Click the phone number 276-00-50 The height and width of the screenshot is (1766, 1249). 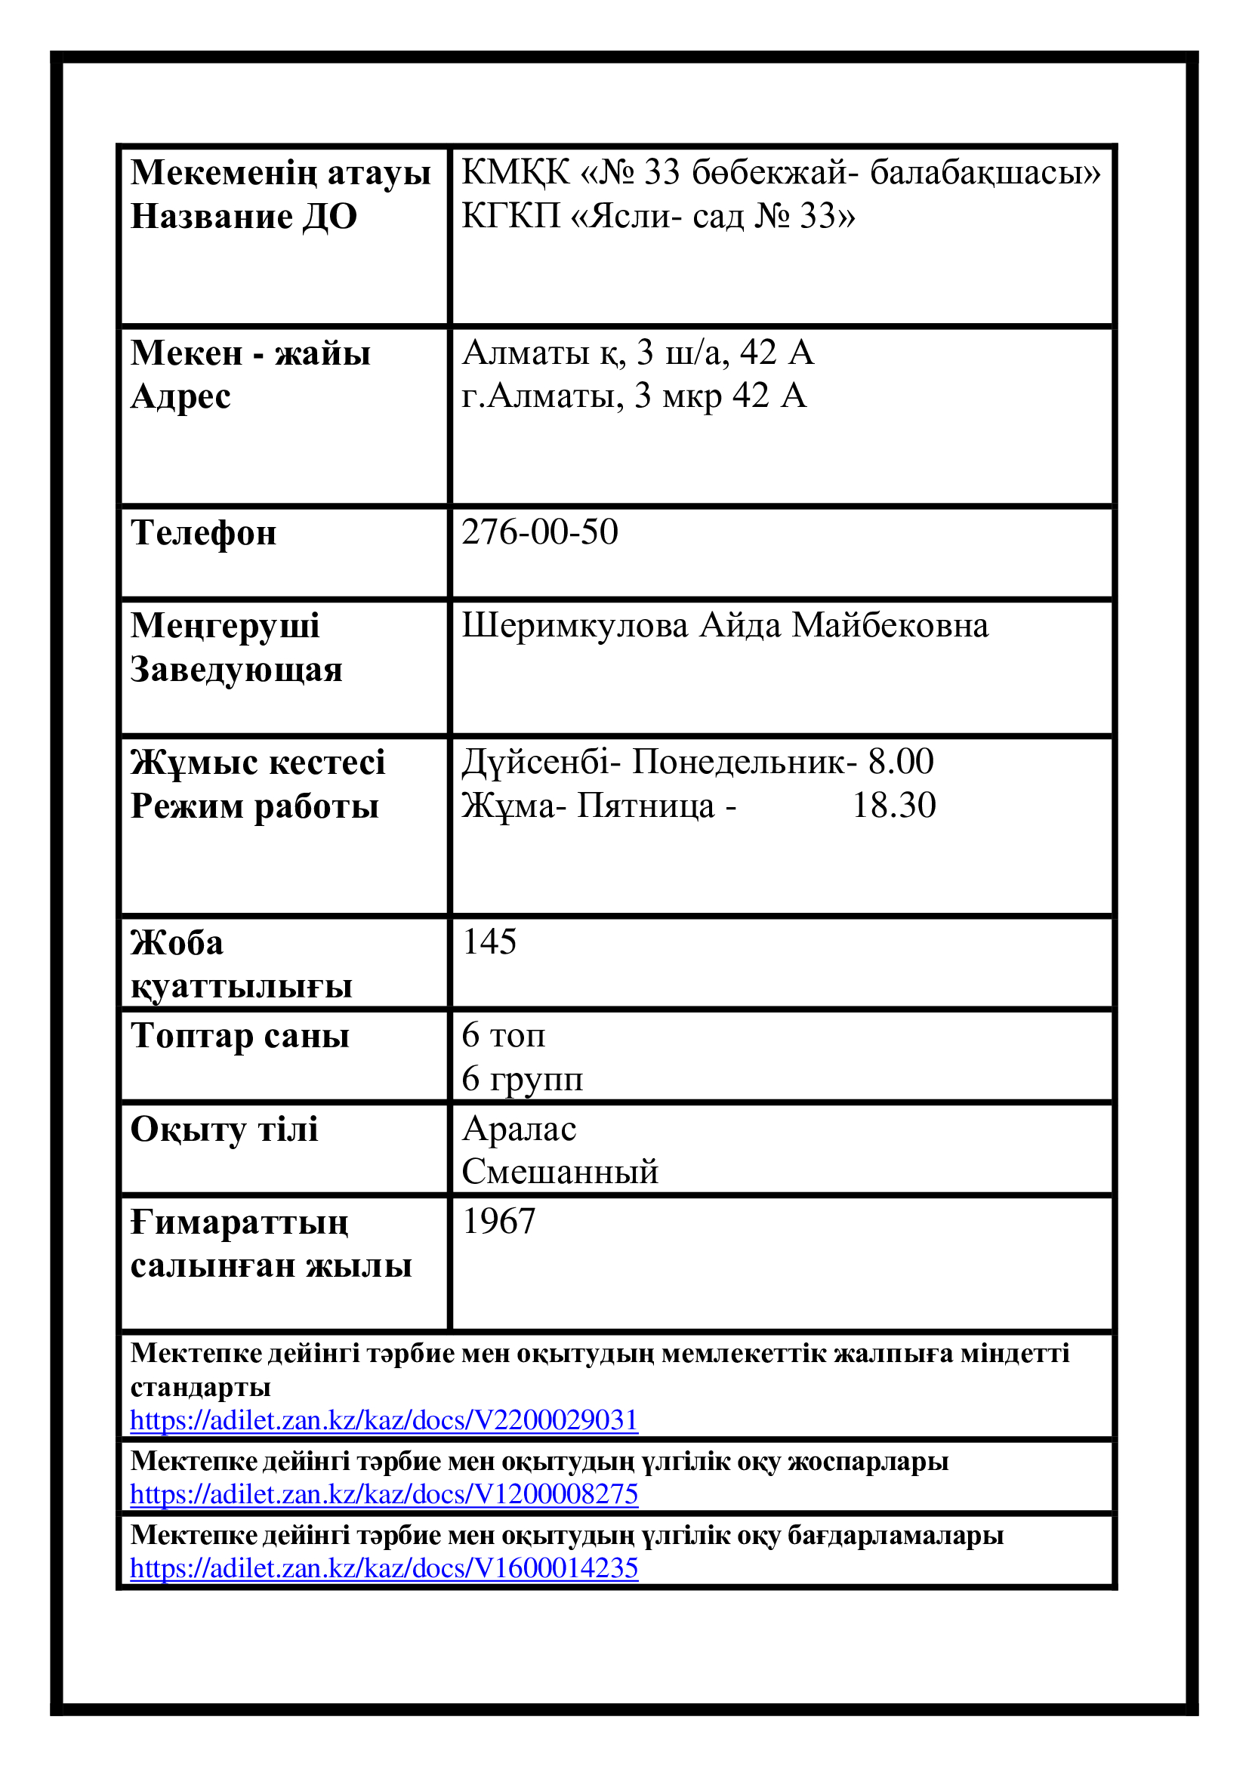pyautogui.click(x=539, y=532)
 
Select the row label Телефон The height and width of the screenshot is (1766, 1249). pyautogui.click(x=204, y=533)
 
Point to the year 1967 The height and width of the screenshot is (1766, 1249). pyautogui.click(x=498, y=1222)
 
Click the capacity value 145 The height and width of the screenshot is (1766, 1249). pyautogui.click(x=489, y=942)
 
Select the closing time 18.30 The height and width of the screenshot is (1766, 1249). pyautogui.click(x=893, y=806)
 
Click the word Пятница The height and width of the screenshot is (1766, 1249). pyautogui.click(x=646, y=806)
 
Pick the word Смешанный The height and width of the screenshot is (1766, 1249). pyautogui.click(x=560, y=1171)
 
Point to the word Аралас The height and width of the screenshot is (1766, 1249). pyautogui.click(x=519, y=1128)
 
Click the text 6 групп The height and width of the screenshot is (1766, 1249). pyautogui.click(x=523, y=1078)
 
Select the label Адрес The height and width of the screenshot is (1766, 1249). pyautogui.click(x=180, y=397)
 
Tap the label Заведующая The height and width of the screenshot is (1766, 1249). pyautogui.click(x=236, y=669)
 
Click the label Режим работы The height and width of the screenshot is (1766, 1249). pyautogui.click(x=254, y=806)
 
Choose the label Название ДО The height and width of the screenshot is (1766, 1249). pyautogui.click(x=244, y=216)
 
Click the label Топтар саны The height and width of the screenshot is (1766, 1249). pyautogui.click(x=240, y=1035)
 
